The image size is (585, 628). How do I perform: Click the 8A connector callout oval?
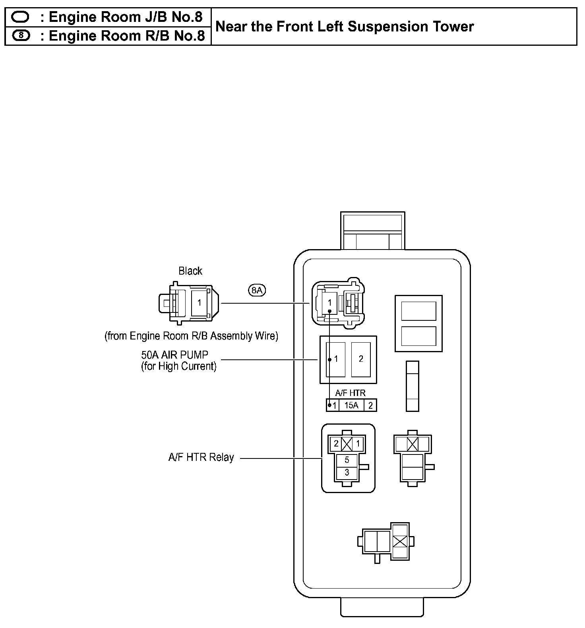[x=257, y=290]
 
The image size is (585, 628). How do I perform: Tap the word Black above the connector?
[x=190, y=271]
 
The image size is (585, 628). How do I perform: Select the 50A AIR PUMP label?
[x=174, y=355]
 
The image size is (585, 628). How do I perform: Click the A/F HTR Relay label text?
[x=201, y=457]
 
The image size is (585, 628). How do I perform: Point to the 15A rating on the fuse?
[x=351, y=405]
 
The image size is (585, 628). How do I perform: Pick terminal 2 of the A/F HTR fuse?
[x=370, y=405]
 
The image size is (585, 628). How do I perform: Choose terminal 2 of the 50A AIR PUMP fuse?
[x=361, y=359]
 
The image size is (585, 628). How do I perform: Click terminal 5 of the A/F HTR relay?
[x=347, y=460]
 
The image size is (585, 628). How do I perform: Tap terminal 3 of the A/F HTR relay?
[x=347, y=472]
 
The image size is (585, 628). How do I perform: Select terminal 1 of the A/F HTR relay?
[x=358, y=443]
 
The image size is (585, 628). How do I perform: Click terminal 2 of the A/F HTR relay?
[x=336, y=443]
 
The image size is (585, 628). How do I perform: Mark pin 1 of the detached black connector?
[x=200, y=303]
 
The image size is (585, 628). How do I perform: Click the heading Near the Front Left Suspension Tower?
[x=344, y=27]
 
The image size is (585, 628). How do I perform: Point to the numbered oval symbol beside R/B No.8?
[x=21, y=36]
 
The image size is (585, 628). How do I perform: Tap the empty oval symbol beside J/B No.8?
[x=21, y=17]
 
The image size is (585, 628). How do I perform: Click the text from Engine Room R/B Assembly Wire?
[x=191, y=336]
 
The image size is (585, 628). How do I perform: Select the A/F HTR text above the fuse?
[x=350, y=393]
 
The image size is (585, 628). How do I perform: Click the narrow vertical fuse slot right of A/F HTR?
[x=413, y=386]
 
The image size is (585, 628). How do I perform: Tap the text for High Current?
[x=178, y=366]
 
